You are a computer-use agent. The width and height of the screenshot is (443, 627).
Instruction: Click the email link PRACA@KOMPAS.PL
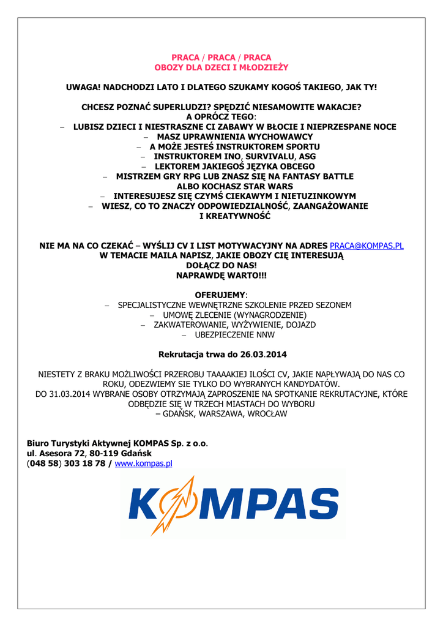(367, 246)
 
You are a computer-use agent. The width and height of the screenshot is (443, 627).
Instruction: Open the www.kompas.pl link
(144, 464)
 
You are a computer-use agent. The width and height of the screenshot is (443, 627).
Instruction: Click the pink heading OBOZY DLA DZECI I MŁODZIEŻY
(221, 67)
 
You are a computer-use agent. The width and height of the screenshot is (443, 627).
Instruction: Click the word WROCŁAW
(266, 414)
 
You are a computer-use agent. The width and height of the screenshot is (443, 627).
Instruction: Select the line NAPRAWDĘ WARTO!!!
(221, 276)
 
